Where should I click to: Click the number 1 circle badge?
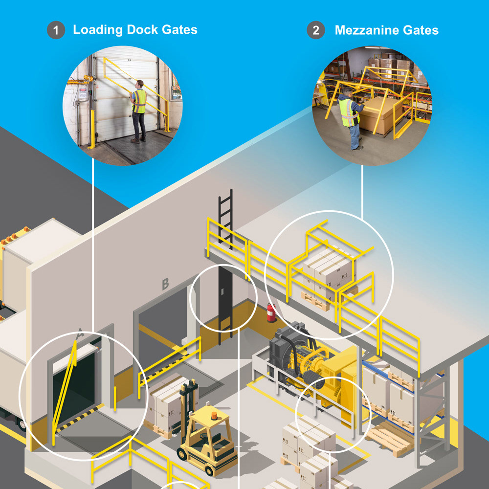[56, 30]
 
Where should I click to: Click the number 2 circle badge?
[316, 30]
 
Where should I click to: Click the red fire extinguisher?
[271, 312]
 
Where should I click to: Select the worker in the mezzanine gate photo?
[350, 117]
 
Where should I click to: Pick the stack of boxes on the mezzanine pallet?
[327, 274]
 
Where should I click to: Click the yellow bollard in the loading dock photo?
[92, 129]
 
